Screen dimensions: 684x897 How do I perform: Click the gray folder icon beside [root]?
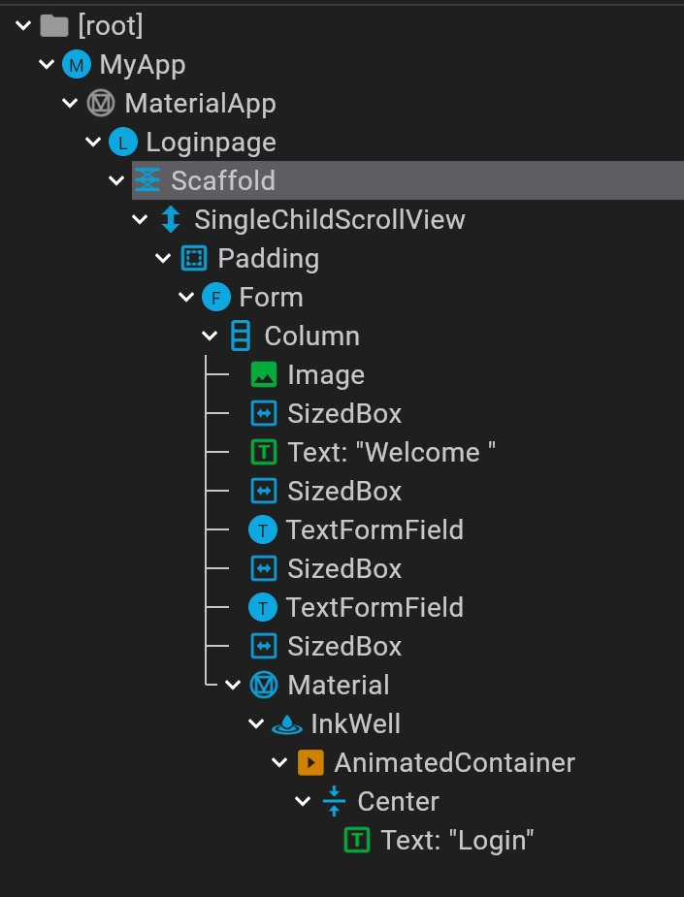(x=54, y=26)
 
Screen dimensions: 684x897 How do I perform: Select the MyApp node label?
(x=142, y=65)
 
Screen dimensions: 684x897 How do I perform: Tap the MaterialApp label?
(x=200, y=104)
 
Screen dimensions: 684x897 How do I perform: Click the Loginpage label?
(x=211, y=143)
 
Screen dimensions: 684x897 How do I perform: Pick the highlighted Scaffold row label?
(x=223, y=180)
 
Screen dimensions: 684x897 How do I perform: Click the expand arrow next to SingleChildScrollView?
(x=140, y=220)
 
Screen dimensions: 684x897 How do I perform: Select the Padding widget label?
(x=268, y=259)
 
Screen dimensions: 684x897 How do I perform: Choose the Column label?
(x=311, y=336)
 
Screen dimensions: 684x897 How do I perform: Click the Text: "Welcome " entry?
(x=392, y=453)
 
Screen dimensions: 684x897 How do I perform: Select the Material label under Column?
(x=338, y=686)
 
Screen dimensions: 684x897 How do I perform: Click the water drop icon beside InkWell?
(x=286, y=724)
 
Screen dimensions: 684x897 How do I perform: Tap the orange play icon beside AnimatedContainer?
(x=309, y=763)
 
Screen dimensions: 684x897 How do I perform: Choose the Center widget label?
(x=398, y=802)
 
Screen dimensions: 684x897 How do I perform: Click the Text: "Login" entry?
(x=458, y=841)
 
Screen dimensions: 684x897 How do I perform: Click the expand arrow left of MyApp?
(x=46, y=65)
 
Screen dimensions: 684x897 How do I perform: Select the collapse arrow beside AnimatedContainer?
(x=279, y=763)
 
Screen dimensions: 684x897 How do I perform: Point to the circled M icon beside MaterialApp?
(x=100, y=104)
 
